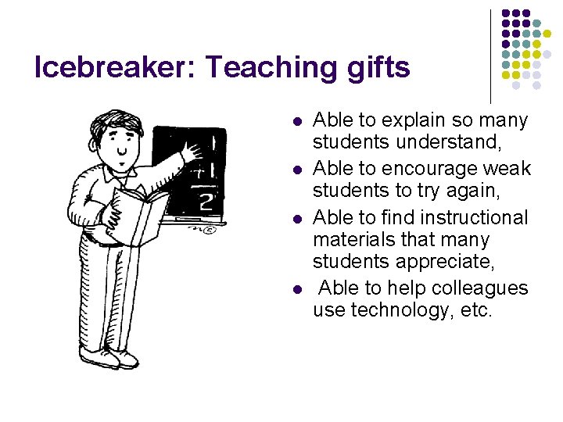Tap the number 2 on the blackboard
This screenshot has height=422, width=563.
tap(206, 202)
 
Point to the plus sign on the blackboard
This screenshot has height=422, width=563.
tap(196, 170)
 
